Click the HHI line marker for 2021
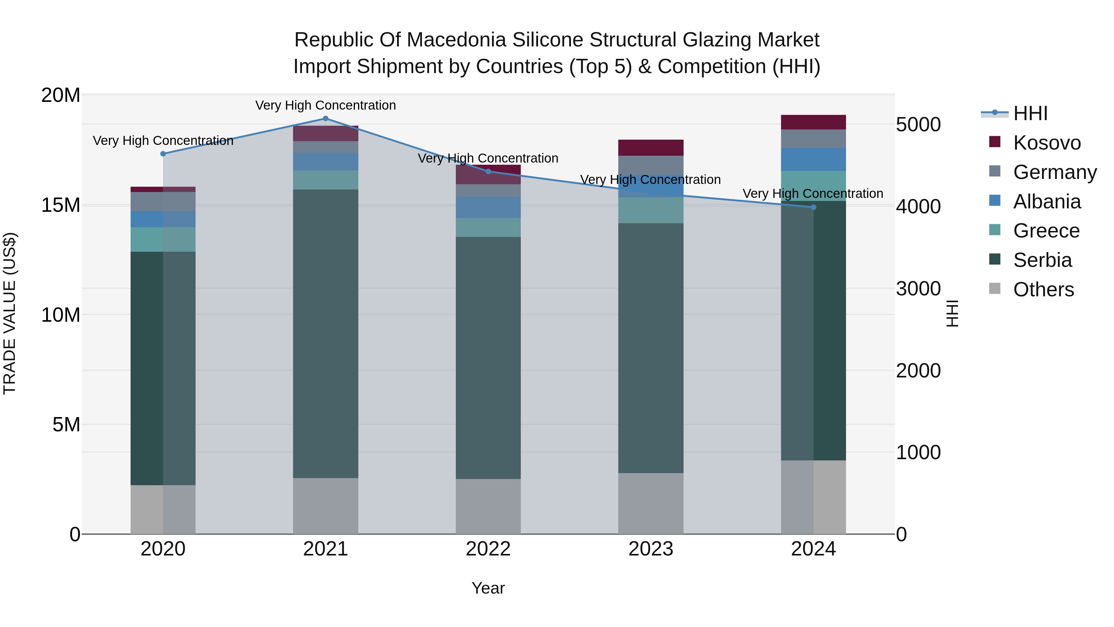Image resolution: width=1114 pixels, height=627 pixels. pos(326,119)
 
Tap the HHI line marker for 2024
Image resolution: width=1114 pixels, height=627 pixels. pos(814,207)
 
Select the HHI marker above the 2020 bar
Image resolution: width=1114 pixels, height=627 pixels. pos(163,154)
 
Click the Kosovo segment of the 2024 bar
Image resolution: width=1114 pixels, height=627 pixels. pos(814,122)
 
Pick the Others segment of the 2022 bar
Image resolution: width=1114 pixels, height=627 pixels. pos(488,506)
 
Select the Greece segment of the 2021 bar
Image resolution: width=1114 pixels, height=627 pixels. pos(326,180)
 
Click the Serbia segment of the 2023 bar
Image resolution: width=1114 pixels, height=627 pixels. pos(651,348)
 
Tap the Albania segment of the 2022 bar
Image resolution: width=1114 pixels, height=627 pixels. pos(488,208)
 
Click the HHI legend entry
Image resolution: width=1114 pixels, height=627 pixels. pos(1030,113)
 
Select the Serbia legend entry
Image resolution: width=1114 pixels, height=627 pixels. pos(1042,260)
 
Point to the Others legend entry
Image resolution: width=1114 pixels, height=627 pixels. pos(1043,290)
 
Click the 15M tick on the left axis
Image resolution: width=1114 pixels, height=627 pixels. pos(61,205)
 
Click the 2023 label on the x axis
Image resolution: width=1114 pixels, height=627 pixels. pos(651,549)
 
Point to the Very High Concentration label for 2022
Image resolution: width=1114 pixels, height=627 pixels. pos(488,158)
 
